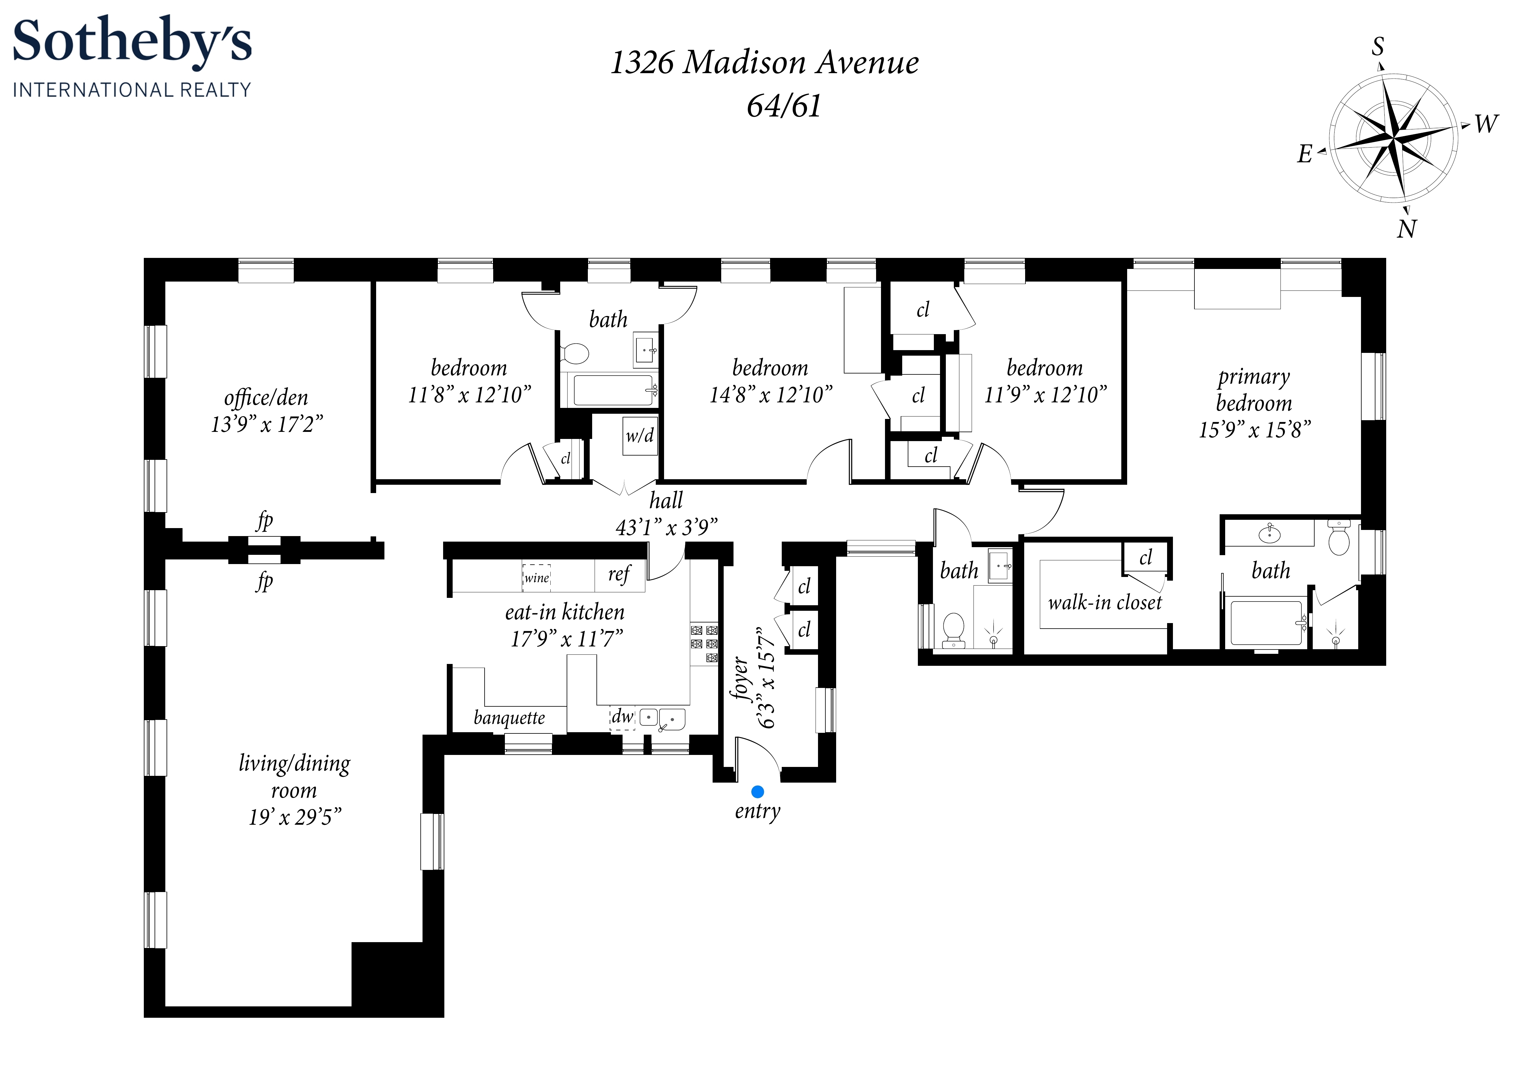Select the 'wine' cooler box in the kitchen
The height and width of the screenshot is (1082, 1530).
coord(537,577)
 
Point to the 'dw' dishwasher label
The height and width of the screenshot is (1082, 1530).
coord(622,717)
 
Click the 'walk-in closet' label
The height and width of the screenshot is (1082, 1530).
coord(1104,603)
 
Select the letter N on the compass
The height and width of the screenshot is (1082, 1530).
coord(1406,229)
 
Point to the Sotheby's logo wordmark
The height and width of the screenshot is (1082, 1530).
coord(132,41)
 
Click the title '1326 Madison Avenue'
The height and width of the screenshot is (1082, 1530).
coord(764,63)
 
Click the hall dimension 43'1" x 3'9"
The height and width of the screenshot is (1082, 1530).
coord(667,527)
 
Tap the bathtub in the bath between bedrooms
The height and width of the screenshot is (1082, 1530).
coord(613,390)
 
